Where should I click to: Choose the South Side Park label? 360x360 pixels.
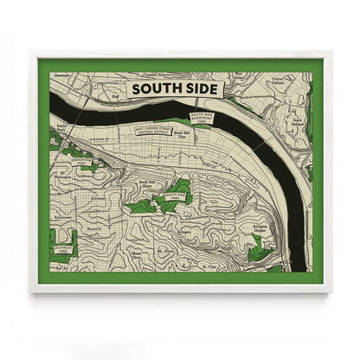174,197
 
